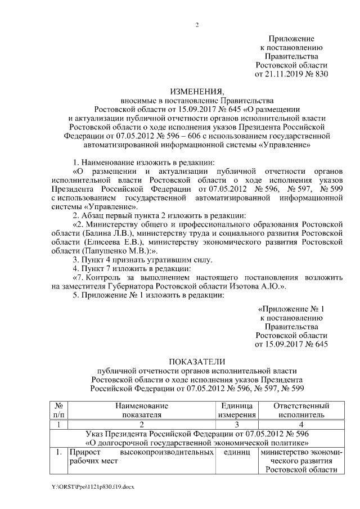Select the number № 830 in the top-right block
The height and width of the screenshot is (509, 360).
coord(316,74)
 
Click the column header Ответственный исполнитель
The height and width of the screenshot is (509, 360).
coord(300,410)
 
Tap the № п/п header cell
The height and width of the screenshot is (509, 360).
coord(58,410)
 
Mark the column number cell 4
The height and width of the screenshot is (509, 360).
coord(300,424)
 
